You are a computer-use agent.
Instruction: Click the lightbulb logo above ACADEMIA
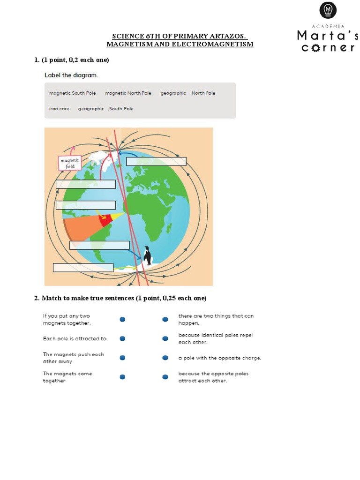[328, 10]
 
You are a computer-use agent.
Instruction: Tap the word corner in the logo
[328, 47]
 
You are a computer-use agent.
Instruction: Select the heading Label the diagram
[71, 75]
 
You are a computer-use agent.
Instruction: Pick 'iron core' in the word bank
[59, 109]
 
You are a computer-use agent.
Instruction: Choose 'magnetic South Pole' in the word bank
[72, 93]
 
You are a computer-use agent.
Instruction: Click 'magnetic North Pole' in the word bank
[128, 93]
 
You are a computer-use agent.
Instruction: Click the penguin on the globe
[148, 256]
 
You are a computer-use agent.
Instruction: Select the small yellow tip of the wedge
[118, 216]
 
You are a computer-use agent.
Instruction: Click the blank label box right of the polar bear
[156, 162]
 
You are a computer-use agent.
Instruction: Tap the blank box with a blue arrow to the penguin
[99, 245]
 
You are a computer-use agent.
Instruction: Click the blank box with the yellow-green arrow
[83, 268]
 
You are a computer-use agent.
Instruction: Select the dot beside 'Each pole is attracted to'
[122, 338]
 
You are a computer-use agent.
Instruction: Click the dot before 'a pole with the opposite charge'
[165, 358]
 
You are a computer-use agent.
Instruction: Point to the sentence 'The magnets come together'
[67, 377]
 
